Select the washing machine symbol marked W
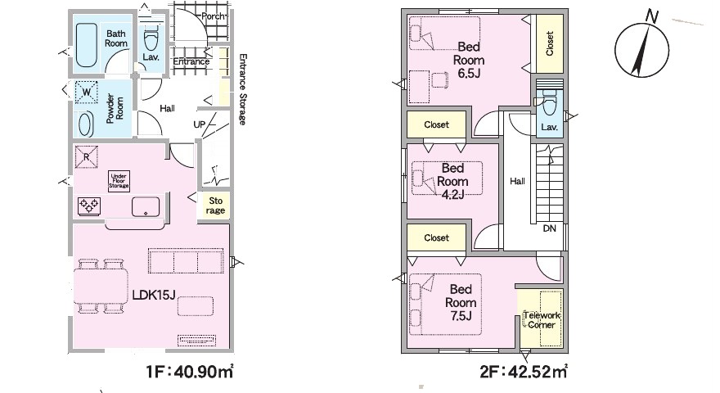tap(87, 92)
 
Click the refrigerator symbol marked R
tap(87, 156)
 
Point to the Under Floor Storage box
tap(119, 181)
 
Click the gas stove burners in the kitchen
tap(89, 206)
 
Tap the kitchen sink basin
tap(146, 207)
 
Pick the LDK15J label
tap(154, 295)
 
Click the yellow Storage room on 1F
tap(215, 206)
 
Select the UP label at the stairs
tap(200, 124)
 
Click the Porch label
tap(213, 16)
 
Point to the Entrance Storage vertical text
tap(242, 89)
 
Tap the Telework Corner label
tap(542, 320)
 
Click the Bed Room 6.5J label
tap(469, 60)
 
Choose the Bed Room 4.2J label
tap(452, 181)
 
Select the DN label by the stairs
tap(549, 228)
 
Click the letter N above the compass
tap(651, 16)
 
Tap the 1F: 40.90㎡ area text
tap(190, 372)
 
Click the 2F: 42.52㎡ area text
tap(524, 372)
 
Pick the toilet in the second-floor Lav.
tap(549, 102)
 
